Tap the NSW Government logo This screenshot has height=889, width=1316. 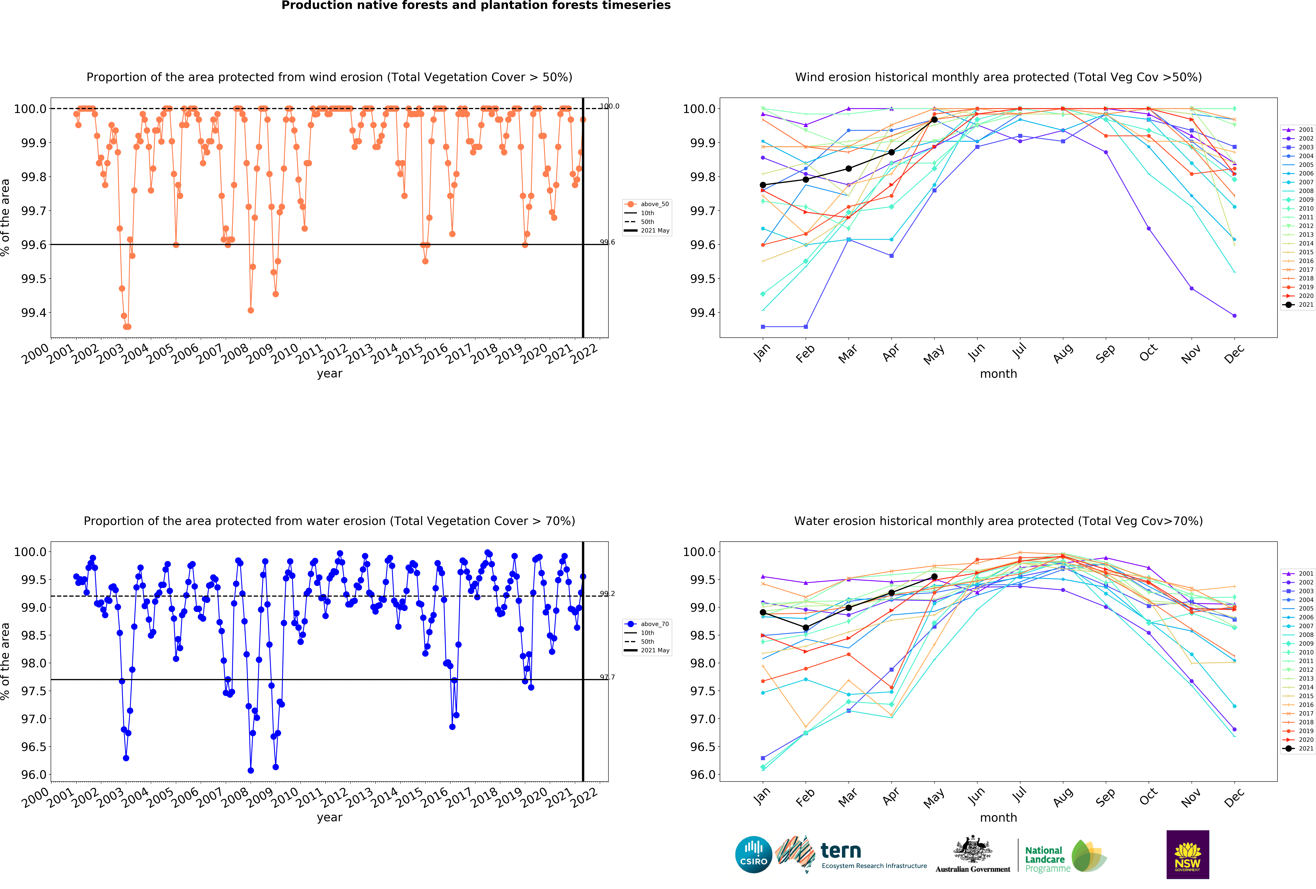(1188, 854)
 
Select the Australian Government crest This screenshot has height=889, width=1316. (972, 849)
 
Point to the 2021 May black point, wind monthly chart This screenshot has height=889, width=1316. (934, 119)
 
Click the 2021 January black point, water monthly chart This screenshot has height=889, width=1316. (763, 612)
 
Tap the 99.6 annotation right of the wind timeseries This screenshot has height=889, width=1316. (607, 242)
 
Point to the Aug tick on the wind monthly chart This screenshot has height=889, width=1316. (1063, 352)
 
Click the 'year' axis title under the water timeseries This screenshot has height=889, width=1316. (330, 817)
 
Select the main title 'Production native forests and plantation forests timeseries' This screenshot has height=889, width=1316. (476, 6)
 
